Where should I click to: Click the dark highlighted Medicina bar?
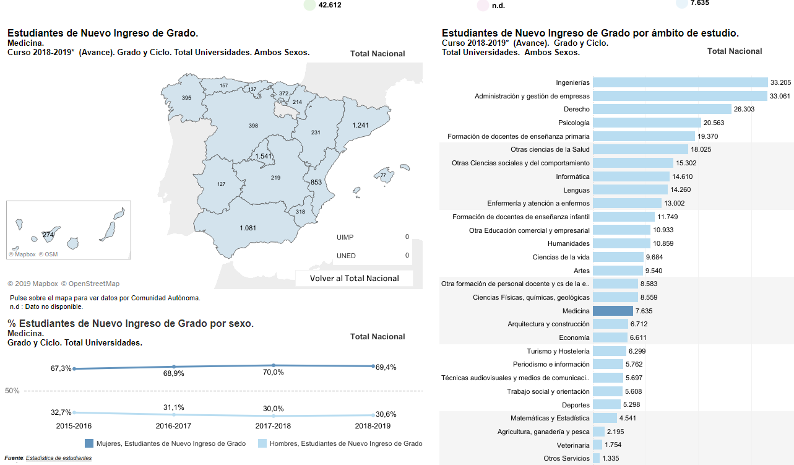coord(613,311)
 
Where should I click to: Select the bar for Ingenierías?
coord(680,82)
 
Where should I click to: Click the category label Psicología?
coord(574,123)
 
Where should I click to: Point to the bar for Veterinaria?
coord(597,445)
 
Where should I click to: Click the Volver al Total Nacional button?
coord(354,279)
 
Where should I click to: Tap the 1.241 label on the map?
coord(360,126)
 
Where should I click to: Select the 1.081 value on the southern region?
coord(248,228)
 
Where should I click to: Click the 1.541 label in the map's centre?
coord(264,156)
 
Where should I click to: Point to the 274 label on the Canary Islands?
coord(48,235)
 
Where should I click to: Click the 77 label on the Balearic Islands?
coord(383,176)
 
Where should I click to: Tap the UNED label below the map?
coord(346,256)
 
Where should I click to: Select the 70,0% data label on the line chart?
coord(274,372)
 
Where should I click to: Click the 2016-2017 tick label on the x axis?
coord(173,427)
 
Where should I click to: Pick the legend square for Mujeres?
coord(89,443)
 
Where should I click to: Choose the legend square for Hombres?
coord(262,443)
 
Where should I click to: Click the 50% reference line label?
coord(12,391)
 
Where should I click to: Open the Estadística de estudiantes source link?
coord(59,458)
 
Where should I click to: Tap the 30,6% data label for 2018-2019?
coord(385,414)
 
